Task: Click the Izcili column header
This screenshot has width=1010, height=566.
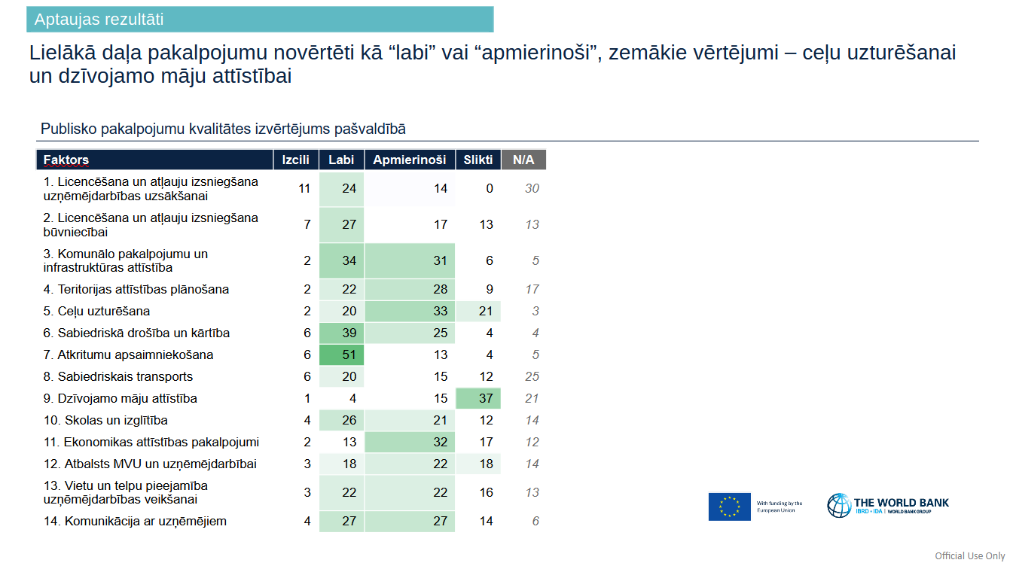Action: (x=295, y=160)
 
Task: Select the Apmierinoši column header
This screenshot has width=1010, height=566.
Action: (x=409, y=160)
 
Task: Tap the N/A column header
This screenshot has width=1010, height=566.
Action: (x=523, y=160)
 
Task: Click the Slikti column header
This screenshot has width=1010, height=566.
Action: (x=478, y=160)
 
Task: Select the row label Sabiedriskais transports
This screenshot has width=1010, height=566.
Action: (x=118, y=376)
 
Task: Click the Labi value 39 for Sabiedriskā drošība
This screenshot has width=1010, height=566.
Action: (x=349, y=333)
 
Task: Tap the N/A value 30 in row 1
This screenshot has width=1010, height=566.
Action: (x=532, y=188)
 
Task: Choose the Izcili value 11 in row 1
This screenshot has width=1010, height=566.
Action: (x=304, y=188)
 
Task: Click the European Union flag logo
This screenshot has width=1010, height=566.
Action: (x=729, y=507)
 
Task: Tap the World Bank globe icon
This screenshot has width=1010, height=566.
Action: (x=838, y=505)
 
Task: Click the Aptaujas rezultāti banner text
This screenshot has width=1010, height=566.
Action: (x=99, y=20)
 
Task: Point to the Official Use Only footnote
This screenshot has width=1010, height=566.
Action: (x=970, y=555)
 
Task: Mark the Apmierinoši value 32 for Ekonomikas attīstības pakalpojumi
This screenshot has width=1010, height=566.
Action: (x=441, y=442)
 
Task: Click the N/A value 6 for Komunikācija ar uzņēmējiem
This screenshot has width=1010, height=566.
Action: (x=536, y=521)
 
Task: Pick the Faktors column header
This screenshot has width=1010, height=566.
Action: (x=66, y=160)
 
